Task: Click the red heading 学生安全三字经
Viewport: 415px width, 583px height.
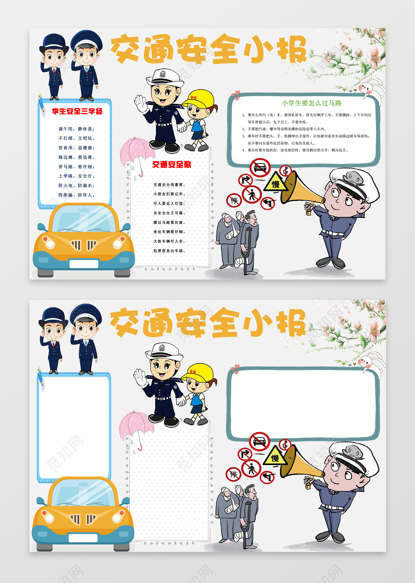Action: point(77,111)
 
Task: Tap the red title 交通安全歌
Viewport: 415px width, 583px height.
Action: point(171,164)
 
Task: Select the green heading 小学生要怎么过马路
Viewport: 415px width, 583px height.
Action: point(312,103)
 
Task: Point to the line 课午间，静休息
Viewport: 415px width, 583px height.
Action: point(76,129)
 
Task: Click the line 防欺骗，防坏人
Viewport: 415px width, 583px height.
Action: point(76,195)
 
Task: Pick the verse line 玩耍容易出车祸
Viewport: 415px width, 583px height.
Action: point(169,251)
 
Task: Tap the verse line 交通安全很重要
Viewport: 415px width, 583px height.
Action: point(169,185)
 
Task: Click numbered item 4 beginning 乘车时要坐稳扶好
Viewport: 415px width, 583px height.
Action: point(297,150)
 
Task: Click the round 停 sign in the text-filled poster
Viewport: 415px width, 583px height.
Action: point(234,200)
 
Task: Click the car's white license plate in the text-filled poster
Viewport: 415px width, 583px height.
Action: point(84,264)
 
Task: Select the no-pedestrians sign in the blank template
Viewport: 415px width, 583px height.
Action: point(251,469)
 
